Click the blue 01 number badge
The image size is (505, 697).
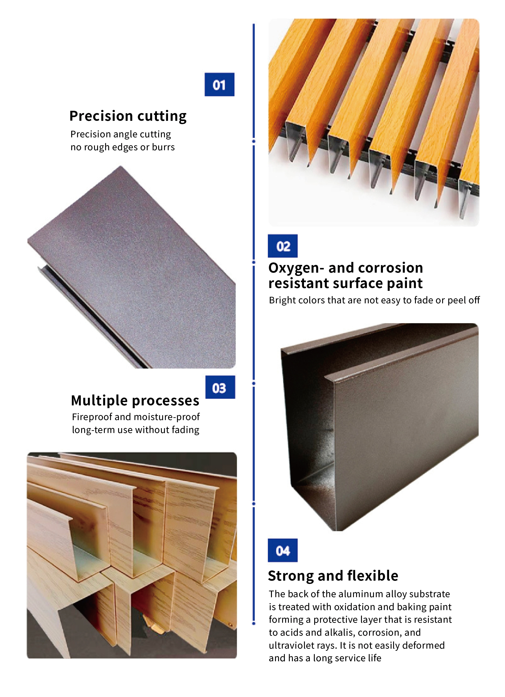[x=220, y=84]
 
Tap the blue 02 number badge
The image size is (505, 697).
[x=283, y=246]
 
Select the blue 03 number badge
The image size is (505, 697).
[x=220, y=387]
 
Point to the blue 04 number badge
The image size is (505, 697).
[x=283, y=550]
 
